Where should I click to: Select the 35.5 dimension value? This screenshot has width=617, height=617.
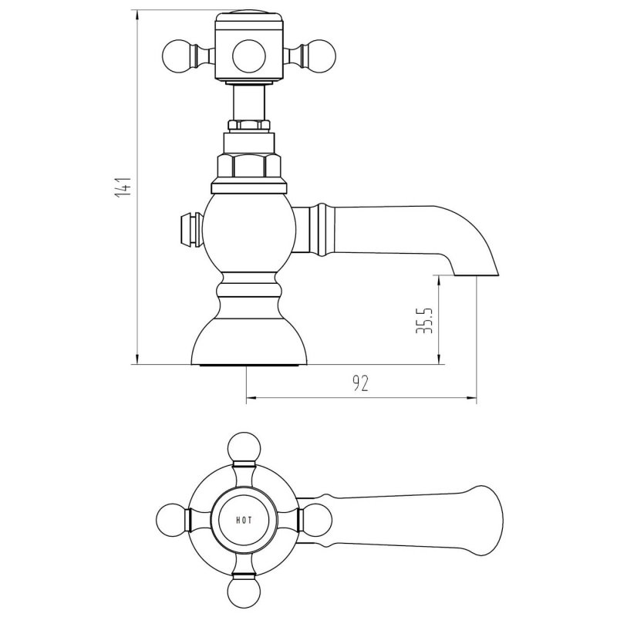422,319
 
